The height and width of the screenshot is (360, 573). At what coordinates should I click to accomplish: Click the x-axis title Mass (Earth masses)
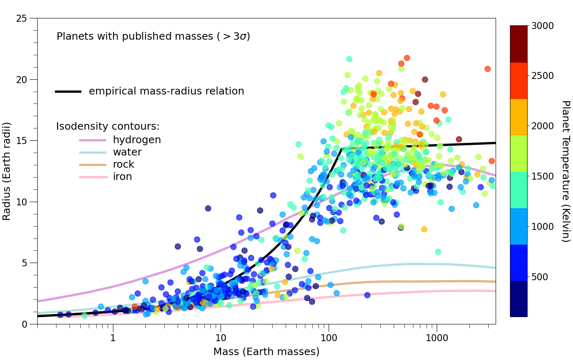click(x=266, y=352)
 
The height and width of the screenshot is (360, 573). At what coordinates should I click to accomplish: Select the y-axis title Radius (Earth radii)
click(x=7, y=171)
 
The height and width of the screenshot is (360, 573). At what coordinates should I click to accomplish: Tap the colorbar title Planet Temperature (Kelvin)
click(x=565, y=171)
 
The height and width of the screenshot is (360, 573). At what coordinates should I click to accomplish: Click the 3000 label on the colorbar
click(x=543, y=25)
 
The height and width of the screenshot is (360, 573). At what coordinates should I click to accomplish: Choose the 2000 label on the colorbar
click(x=543, y=126)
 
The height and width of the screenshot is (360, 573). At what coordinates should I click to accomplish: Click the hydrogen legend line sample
click(x=93, y=140)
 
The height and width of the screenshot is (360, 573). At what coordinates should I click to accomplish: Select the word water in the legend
click(x=127, y=152)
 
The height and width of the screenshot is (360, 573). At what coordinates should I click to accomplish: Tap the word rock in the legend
click(x=124, y=164)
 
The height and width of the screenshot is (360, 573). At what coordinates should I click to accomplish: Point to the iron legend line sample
click(x=93, y=177)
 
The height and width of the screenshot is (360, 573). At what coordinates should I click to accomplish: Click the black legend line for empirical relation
click(x=68, y=91)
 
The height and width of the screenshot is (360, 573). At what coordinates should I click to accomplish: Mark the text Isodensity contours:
click(x=108, y=127)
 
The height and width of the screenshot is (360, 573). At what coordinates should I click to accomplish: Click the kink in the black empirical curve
click(x=342, y=148)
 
